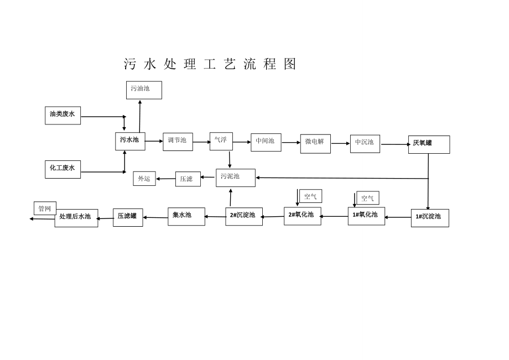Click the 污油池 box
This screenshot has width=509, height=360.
[144, 90]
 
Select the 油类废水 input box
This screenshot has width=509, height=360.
[63, 116]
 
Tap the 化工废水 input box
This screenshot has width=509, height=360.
[63, 169]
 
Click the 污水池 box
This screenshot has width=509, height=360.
[130, 142]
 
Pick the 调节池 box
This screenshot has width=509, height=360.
[178, 142]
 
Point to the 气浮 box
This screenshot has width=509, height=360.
[221, 142]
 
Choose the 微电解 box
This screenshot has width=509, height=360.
[315, 144]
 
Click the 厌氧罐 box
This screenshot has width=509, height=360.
[429, 145]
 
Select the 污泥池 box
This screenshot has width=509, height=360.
[236, 178]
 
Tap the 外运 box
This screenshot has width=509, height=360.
[144, 179]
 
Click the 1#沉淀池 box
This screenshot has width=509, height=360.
[430, 218]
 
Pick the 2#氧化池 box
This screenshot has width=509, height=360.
[303, 216]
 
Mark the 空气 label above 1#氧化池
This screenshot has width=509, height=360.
[368, 198]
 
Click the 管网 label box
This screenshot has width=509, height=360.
[45, 208]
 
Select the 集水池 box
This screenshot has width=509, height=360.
[186, 216]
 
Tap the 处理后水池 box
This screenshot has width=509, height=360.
[76, 218]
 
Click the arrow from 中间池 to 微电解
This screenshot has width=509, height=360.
[291, 142]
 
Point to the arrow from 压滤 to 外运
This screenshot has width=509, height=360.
[166, 179]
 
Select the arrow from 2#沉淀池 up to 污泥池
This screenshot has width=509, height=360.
[231, 197]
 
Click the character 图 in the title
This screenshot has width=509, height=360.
[290, 64]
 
